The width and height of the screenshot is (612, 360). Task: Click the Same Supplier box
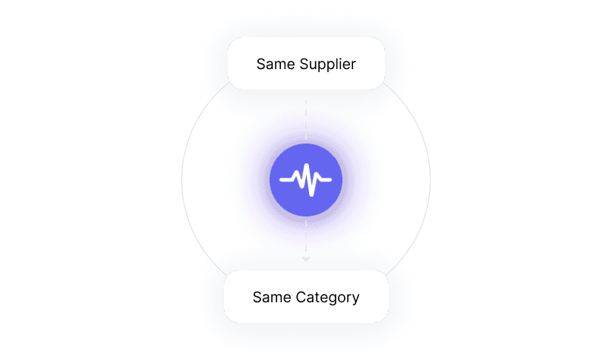(x=306, y=64)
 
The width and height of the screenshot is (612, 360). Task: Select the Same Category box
(x=306, y=296)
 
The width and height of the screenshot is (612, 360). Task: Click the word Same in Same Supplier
(x=273, y=64)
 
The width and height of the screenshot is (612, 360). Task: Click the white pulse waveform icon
(x=306, y=180)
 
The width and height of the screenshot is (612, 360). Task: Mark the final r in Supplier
(x=353, y=65)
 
